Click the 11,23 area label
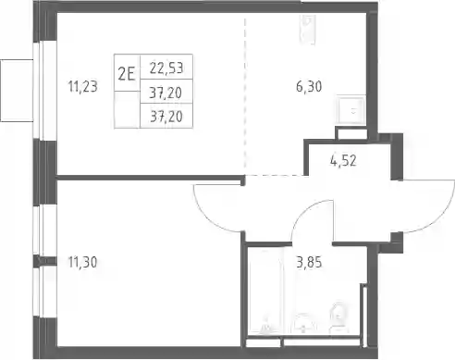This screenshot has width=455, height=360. [82, 86]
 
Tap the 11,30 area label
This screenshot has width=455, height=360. [82, 262]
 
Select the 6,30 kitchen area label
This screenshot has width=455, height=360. [309, 86]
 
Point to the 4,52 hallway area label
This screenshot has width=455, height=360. [343, 160]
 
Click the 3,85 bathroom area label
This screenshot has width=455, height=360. [309, 262]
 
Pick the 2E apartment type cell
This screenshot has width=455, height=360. [127, 73]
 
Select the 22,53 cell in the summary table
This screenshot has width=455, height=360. [166, 68]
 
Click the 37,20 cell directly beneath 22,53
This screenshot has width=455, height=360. [166, 92]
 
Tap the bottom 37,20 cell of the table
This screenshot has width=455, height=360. [166, 116]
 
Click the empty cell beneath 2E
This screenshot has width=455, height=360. [127, 109]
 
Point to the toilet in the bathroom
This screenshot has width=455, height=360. [338, 317]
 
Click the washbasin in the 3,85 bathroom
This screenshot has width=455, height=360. [303, 323]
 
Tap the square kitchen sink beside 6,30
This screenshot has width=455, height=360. [351, 110]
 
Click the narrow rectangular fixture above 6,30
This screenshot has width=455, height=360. [308, 30]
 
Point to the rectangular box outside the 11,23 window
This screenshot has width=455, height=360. [17, 91]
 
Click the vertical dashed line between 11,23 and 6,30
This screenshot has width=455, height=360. [245, 94]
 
